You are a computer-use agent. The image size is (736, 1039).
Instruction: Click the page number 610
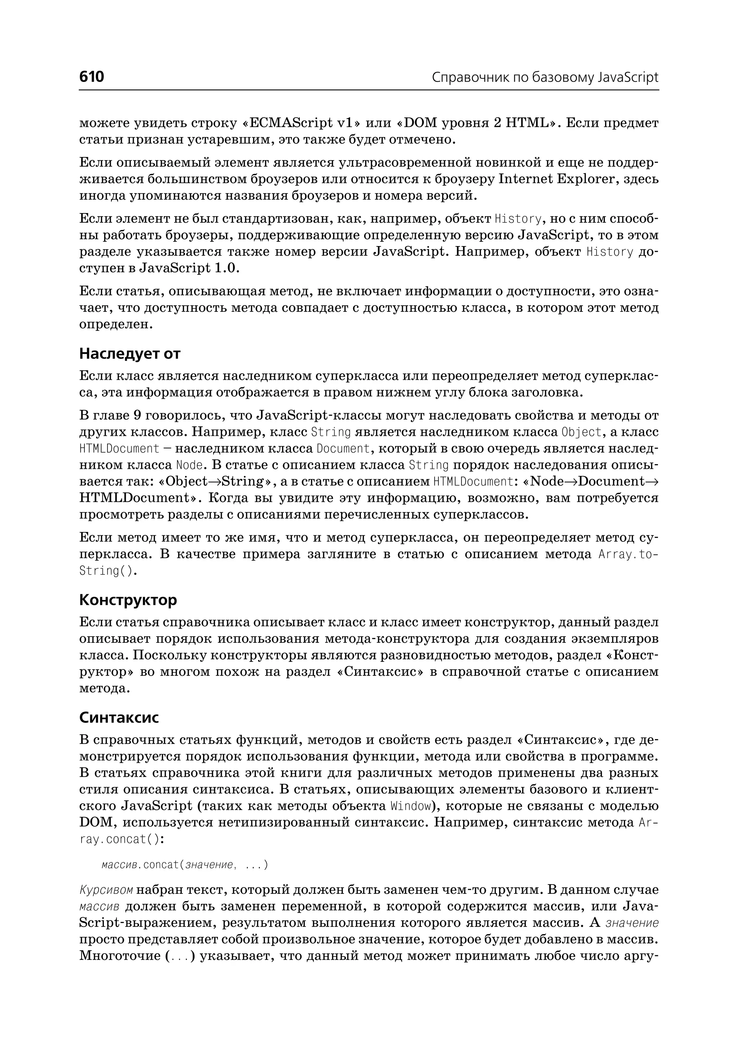point(92,77)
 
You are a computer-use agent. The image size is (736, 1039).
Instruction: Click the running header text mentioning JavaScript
point(545,78)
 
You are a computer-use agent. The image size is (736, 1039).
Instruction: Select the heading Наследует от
point(130,354)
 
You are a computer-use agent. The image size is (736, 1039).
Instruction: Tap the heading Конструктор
point(128,600)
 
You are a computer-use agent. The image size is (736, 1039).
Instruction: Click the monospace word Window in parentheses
point(410,806)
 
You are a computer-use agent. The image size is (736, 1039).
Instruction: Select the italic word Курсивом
point(106,902)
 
